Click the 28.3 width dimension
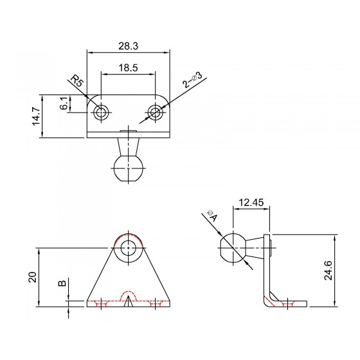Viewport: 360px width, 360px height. [x=129, y=46]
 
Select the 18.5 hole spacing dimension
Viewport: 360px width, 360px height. [x=129, y=68]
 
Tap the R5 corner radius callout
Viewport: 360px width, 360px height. [x=76, y=80]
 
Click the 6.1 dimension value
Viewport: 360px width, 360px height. [x=64, y=103]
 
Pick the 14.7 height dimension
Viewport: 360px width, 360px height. [x=36, y=116]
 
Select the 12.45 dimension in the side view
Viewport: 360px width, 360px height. [x=251, y=203]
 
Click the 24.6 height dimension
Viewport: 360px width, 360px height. [x=328, y=270]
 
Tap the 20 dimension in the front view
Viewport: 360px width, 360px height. [x=33, y=277]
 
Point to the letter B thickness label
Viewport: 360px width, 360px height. [x=62, y=283]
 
